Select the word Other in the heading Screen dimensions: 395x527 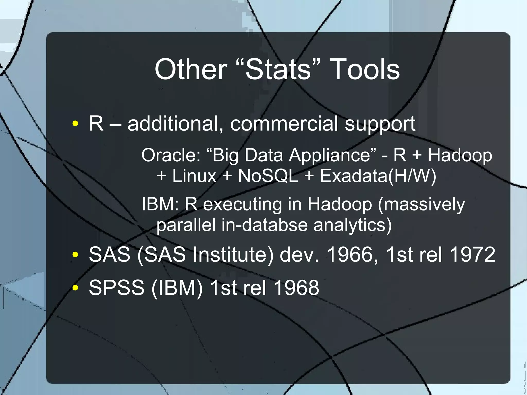pyautogui.click(x=191, y=69)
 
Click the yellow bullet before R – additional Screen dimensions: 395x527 pyautogui.click(x=75, y=124)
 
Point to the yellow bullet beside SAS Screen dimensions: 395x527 pyautogui.click(x=75, y=254)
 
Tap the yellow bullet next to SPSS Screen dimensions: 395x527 pyautogui.click(x=75, y=288)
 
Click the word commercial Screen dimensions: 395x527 pyautogui.click(x=284, y=124)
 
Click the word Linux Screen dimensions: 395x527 pyautogui.click(x=194, y=176)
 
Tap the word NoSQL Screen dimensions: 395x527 pyautogui.click(x=268, y=176)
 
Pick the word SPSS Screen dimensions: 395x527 pyautogui.click(x=117, y=288)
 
